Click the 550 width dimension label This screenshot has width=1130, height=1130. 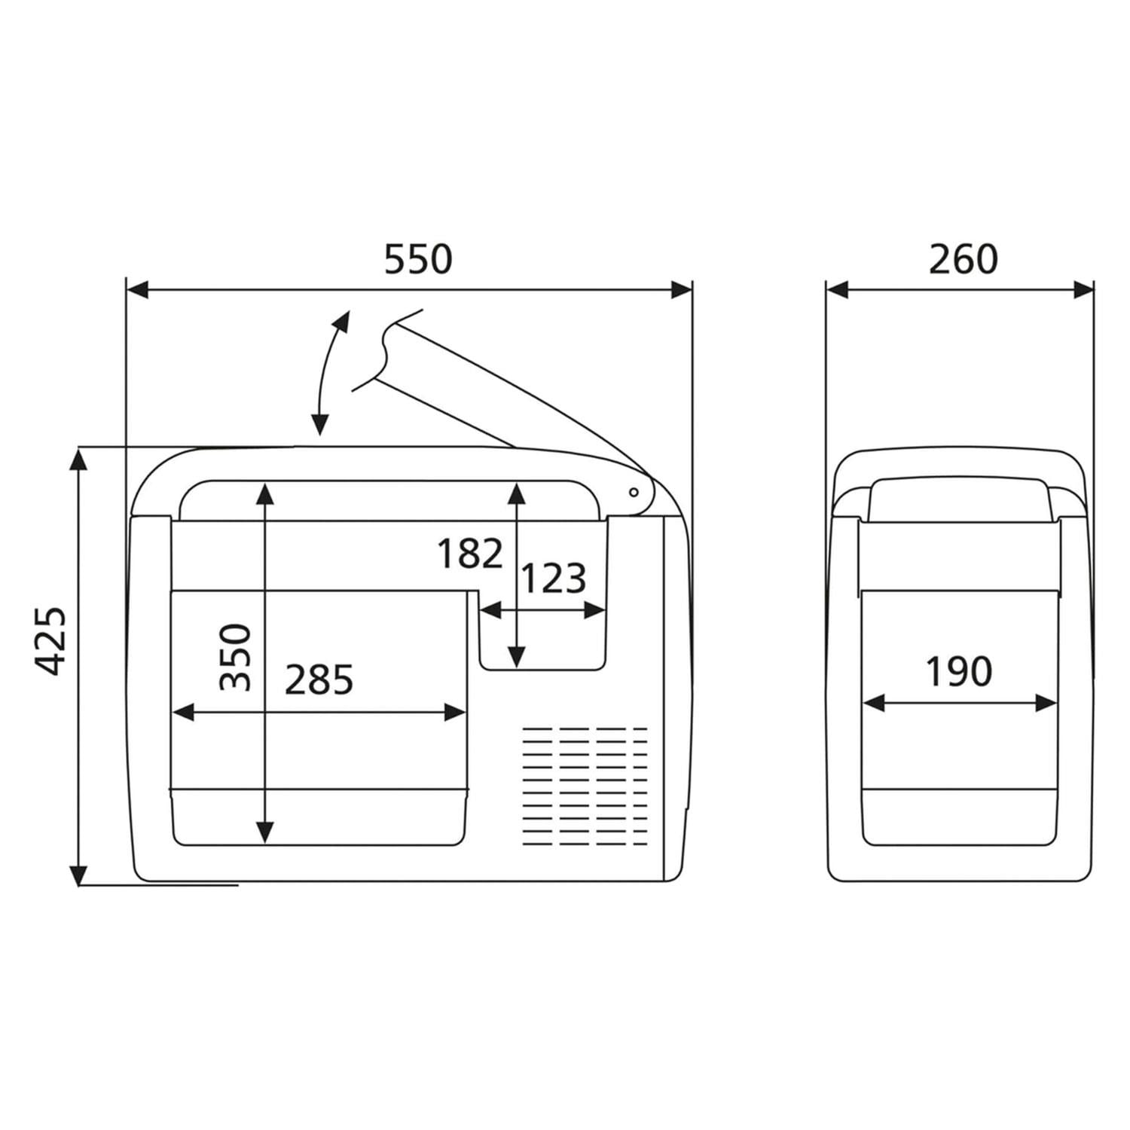pos(418,258)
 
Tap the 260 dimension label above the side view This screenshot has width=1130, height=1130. pos(963,258)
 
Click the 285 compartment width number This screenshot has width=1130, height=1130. pos(319,680)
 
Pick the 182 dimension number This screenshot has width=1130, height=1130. pos(469,554)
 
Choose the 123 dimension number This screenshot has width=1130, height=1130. pos(554,579)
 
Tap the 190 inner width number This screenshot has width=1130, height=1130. pos(958,671)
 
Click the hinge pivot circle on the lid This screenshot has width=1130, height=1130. pos(634,492)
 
